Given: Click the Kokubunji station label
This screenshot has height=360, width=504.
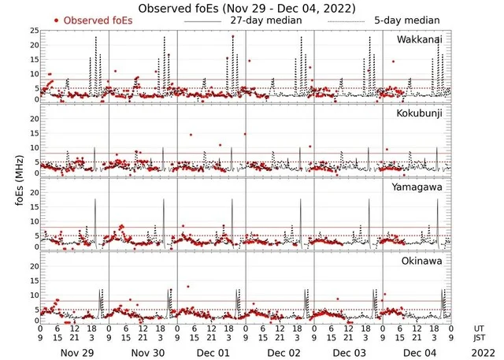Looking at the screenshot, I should click(420, 114).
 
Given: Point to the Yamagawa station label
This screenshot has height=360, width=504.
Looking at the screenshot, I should click(418, 187).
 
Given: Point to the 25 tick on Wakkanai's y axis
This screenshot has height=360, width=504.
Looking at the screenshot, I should click(33, 30).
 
